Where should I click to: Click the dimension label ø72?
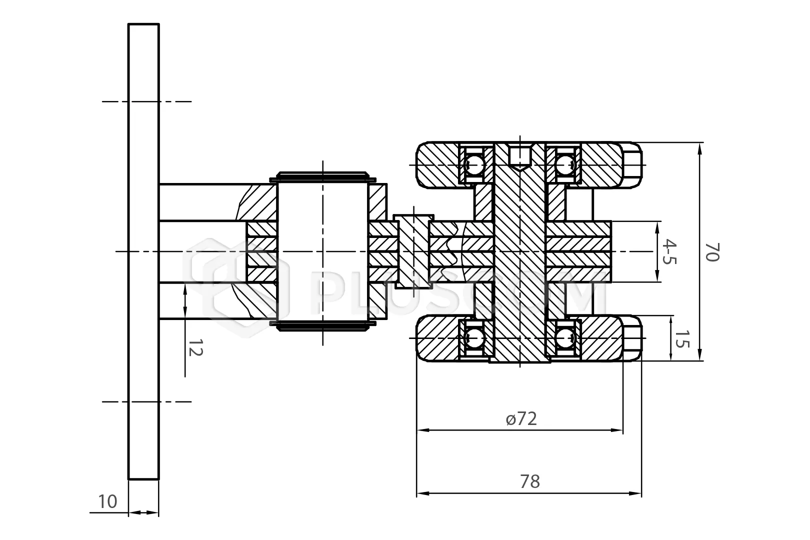click(521, 418)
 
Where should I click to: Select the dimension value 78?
click(529, 481)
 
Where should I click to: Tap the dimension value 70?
click(711, 251)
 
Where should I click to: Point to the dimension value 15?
click(682, 339)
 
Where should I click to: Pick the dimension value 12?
click(195, 347)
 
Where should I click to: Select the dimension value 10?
click(107, 501)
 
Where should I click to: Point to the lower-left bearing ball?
click(474, 338)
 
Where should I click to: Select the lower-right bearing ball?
click(565, 338)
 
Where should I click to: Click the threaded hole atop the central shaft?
click(520, 156)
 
